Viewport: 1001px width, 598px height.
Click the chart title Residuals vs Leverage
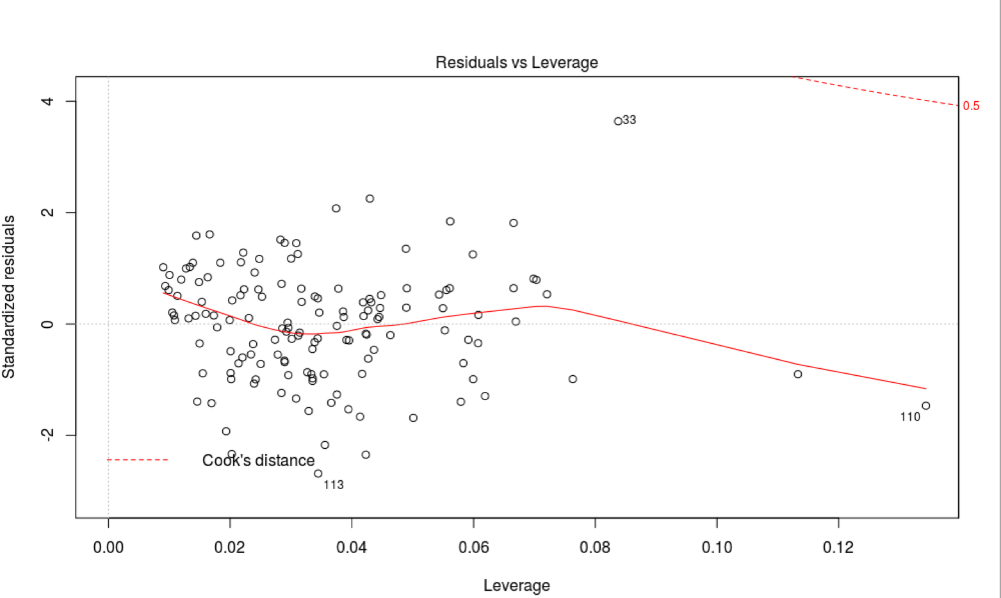click(x=516, y=63)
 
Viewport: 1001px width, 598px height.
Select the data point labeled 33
click(x=618, y=121)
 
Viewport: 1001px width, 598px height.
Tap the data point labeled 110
click(x=925, y=405)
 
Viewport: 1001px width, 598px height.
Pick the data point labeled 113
click(x=318, y=473)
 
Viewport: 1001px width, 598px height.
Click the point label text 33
click(x=630, y=120)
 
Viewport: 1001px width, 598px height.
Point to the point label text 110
click(x=909, y=417)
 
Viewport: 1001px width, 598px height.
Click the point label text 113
click(x=334, y=485)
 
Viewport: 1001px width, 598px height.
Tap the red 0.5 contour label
click(x=971, y=106)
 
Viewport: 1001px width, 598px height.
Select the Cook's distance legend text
click(x=258, y=460)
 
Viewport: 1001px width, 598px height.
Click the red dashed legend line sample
click(x=137, y=460)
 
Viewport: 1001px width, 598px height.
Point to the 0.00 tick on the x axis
click(x=109, y=547)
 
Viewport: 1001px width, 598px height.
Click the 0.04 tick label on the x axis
click(x=352, y=547)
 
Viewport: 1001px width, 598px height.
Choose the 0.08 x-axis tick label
click(x=595, y=547)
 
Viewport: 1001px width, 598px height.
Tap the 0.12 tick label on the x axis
click(x=838, y=547)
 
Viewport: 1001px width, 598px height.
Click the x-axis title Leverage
click(x=516, y=585)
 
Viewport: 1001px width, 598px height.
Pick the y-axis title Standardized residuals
click(x=9, y=297)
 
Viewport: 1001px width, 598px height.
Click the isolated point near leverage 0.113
click(x=797, y=374)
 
